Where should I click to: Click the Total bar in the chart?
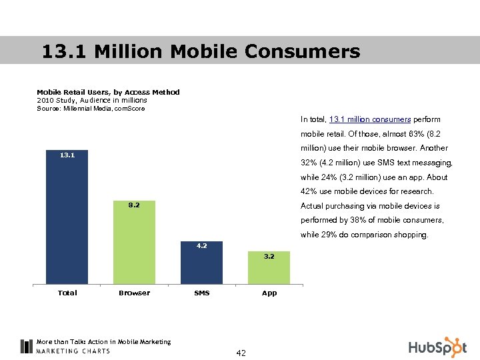[x=67, y=220]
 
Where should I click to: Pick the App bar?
[x=269, y=270]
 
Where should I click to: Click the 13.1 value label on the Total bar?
[x=67, y=155]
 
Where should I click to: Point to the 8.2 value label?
[x=134, y=205]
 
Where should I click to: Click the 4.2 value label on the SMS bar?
[x=201, y=245]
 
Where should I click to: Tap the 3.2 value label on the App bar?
[x=269, y=256]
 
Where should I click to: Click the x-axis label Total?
[x=67, y=293]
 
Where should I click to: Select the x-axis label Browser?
[x=134, y=293]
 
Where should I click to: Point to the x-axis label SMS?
[x=201, y=293]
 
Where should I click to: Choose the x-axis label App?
[x=269, y=293]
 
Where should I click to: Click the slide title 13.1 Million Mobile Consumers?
[x=201, y=51]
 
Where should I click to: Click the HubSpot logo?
[x=437, y=347]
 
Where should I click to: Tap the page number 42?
[x=240, y=353]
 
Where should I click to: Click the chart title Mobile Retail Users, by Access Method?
[x=108, y=92]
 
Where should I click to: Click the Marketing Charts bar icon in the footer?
[x=26, y=346]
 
